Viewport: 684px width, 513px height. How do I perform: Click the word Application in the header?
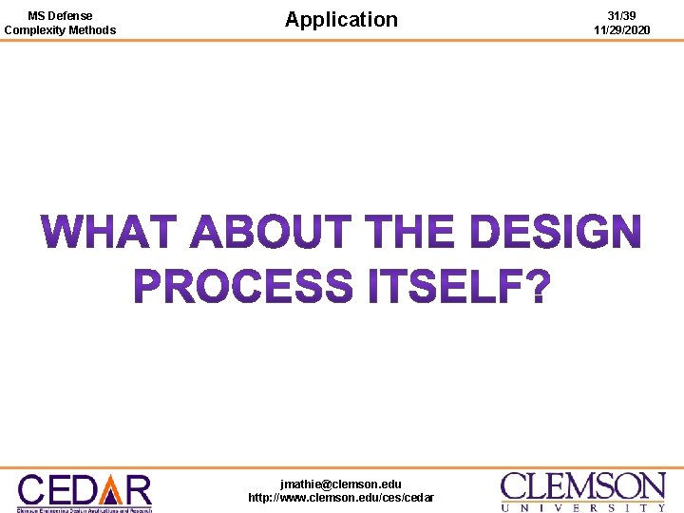[341, 19]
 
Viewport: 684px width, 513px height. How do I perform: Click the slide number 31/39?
[622, 16]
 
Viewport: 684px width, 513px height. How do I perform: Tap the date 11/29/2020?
[622, 30]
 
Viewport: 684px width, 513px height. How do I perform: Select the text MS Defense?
[60, 16]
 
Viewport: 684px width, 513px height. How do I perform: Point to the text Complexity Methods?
[60, 30]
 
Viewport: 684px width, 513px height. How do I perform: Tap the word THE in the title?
[409, 232]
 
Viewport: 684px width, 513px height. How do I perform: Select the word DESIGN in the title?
[556, 232]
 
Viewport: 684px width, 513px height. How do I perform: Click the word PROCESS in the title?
[242, 286]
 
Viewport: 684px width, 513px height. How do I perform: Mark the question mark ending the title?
[538, 286]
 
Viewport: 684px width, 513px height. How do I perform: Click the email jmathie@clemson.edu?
[341, 484]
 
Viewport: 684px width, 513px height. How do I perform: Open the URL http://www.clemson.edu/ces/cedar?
[341, 498]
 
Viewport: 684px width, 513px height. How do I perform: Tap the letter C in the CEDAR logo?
[34, 489]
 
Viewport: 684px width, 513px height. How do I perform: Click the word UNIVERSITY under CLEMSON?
[583, 507]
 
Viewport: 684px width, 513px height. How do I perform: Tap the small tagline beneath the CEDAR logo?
[85, 509]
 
